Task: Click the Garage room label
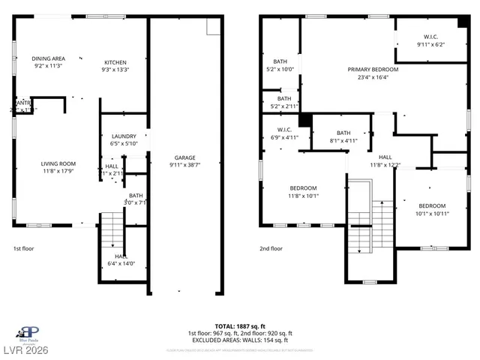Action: [185, 157]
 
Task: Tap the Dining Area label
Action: [48, 58]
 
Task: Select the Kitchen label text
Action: [115, 62]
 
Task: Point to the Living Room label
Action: [58, 163]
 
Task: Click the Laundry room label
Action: [123, 136]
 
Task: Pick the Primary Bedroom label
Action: [373, 69]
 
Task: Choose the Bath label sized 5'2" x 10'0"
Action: [280, 61]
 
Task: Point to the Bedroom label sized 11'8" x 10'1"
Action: [303, 187]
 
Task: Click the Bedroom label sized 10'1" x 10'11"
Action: [432, 205]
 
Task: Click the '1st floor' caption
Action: [23, 248]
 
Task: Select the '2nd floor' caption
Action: [271, 248]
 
